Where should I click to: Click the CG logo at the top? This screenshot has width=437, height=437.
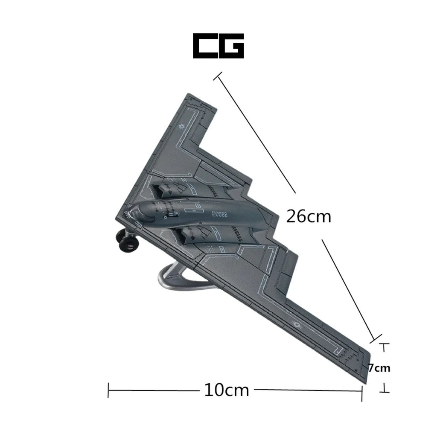pyautogui.click(x=218, y=46)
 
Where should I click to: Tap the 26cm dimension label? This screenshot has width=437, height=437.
pyautogui.click(x=309, y=216)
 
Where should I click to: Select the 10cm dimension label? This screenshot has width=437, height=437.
pyautogui.click(x=226, y=390)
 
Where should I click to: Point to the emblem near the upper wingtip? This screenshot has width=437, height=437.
pyautogui.click(x=181, y=126)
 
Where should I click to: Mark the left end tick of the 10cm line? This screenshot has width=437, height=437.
pyautogui.click(x=108, y=390)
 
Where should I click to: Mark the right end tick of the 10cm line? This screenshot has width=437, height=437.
pyautogui.click(x=362, y=391)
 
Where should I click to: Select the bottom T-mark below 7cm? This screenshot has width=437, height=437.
pyautogui.click(x=385, y=389)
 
